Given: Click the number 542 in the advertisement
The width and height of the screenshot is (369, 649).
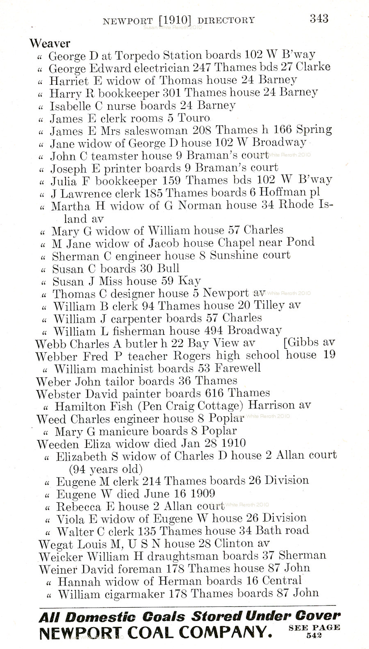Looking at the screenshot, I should (x=314, y=636).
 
